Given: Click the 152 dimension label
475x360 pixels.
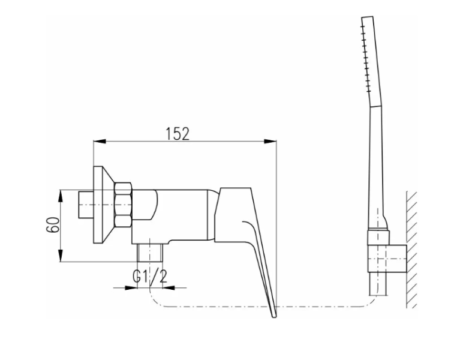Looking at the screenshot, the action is pyautogui.click(x=178, y=134).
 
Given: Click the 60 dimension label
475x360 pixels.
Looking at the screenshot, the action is pyautogui.click(x=53, y=224).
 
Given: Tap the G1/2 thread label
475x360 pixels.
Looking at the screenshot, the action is pyautogui.click(x=150, y=276).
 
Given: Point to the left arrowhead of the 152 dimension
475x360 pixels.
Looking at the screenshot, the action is pyautogui.click(x=100, y=141).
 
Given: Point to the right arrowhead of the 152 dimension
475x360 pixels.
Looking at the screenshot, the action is pyautogui.click(x=270, y=141).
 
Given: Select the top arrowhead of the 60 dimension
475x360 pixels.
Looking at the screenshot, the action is pyautogui.click(x=61, y=196).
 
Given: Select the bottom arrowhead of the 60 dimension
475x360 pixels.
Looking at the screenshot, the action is pyautogui.click(x=61, y=255).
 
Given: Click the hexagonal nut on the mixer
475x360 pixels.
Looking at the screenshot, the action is pyautogui.click(x=124, y=205).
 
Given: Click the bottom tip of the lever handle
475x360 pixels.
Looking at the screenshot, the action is pyautogui.click(x=275, y=317).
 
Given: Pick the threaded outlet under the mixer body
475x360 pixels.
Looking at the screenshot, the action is pyautogui.click(x=151, y=253).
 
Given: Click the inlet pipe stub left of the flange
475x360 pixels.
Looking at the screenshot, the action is pyautogui.click(x=86, y=205).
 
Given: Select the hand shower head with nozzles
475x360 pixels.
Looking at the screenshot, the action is pyautogui.click(x=372, y=62).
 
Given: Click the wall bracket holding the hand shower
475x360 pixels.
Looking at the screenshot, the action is pyautogui.click(x=387, y=259).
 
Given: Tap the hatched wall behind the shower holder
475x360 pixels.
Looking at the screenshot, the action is pyautogui.click(x=411, y=250).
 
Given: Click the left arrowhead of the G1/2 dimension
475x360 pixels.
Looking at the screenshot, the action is pyautogui.click(x=131, y=287).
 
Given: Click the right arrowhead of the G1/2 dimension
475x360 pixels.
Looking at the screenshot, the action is pyautogui.click(x=169, y=287).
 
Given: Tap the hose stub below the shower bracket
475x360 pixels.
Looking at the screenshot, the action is pyautogui.click(x=377, y=284).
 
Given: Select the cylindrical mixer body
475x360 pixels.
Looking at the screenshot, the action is pyautogui.click(x=174, y=217).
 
